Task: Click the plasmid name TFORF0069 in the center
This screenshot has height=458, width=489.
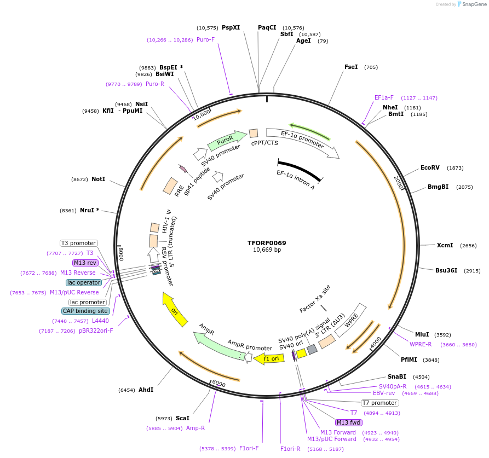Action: [267, 243]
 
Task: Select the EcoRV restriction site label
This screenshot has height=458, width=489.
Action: [430, 168]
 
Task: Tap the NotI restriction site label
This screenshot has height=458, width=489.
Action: [99, 179]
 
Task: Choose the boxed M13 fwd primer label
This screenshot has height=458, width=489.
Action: [349, 422]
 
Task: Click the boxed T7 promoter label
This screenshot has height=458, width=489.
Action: [379, 403]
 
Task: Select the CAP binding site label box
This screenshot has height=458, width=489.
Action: [85, 311]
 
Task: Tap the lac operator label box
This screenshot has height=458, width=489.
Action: [84, 282]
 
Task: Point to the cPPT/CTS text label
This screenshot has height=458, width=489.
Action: [264, 143]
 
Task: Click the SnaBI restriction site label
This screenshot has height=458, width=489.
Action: [397, 376]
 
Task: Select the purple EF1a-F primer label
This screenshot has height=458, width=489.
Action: [384, 97]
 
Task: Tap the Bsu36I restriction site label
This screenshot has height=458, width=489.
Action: [446, 270]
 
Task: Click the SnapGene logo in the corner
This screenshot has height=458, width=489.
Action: [472, 4]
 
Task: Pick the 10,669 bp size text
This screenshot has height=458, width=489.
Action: [267, 250]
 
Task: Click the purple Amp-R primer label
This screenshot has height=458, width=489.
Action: [195, 428]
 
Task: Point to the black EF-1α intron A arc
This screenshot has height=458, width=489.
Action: [300, 168]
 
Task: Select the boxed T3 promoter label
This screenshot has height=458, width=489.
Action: [78, 243]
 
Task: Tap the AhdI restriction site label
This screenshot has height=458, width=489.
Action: [146, 390]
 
